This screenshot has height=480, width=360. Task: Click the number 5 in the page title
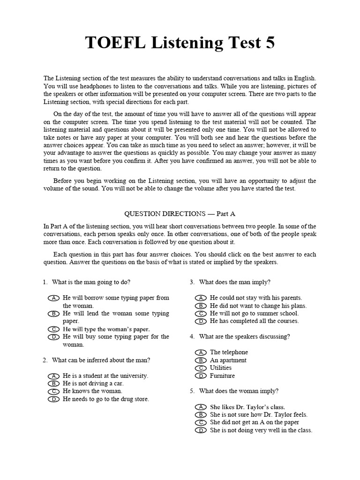click(269, 43)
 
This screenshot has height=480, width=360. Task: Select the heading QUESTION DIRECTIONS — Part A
click(180, 213)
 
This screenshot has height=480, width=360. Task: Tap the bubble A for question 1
click(54, 298)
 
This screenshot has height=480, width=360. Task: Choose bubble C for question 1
click(54, 329)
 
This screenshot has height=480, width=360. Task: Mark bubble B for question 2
click(54, 383)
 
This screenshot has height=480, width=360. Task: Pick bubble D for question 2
click(54, 399)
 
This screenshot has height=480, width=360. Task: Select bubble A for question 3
click(201, 298)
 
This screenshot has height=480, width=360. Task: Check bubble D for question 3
click(201, 321)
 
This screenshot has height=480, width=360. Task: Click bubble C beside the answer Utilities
click(201, 368)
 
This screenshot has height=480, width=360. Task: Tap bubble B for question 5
click(201, 415)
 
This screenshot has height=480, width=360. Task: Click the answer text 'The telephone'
click(229, 352)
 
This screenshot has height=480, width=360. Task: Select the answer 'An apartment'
click(228, 360)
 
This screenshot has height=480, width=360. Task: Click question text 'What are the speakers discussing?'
click(244, 337)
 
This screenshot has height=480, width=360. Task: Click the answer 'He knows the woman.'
click(92, 391)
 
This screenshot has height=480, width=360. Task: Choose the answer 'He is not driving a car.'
click(96, 383)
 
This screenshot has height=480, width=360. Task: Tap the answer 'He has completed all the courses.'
click(254, 321)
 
